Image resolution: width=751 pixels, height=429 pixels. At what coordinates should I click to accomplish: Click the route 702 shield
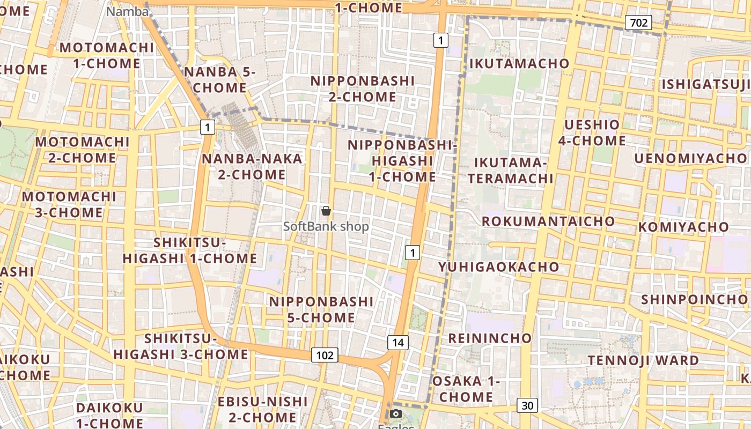638,23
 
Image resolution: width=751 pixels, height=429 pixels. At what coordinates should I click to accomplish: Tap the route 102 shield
325,355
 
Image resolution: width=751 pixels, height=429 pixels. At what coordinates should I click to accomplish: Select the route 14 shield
398,343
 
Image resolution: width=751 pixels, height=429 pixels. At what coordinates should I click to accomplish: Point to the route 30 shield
527,405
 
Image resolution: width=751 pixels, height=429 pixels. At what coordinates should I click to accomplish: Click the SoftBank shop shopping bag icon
326,211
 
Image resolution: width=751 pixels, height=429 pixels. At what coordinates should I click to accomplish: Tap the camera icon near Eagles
396,413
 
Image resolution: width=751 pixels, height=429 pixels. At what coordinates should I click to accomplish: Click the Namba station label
128,11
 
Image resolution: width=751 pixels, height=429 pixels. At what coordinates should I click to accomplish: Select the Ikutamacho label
519,63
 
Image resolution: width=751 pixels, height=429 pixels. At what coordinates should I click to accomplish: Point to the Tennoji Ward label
644,360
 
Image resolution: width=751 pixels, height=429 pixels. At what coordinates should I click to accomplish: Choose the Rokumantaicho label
548,221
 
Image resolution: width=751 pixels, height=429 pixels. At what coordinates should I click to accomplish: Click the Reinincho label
490,338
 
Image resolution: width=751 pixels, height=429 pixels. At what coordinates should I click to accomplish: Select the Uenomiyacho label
690,158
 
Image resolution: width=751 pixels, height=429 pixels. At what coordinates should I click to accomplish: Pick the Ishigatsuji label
705,85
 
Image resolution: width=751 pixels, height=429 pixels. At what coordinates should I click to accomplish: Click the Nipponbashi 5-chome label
321,309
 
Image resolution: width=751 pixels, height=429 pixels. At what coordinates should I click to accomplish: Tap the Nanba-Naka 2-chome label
252,166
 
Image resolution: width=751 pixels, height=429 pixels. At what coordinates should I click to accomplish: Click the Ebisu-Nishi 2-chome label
262,409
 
